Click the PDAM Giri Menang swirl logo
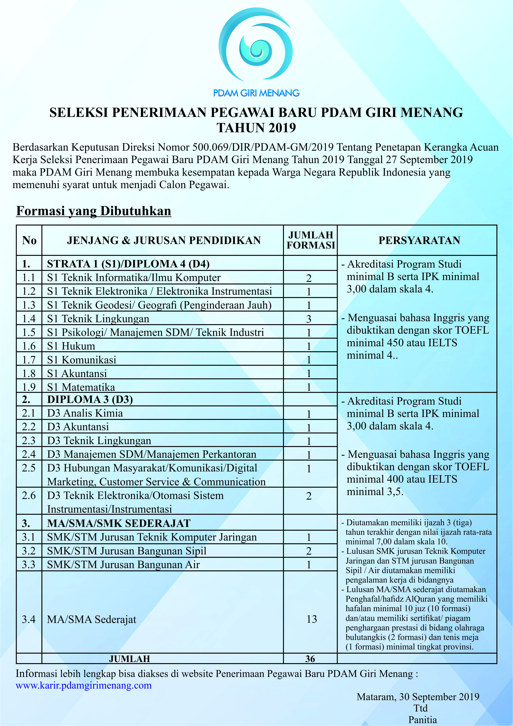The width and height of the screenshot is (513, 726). click(256, 45)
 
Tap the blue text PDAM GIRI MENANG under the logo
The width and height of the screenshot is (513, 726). click(256, 93)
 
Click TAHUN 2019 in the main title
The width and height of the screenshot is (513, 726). click(256, 128)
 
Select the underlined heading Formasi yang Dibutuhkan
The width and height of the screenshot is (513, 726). click(93, 211)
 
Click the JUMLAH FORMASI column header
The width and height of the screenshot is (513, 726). click(310, 240)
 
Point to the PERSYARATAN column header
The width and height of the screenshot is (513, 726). click(419, 240)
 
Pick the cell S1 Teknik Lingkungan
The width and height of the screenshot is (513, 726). click(98, 319)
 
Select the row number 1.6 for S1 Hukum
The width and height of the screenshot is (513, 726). click(29, 346)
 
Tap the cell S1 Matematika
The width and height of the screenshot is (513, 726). click(81, 387)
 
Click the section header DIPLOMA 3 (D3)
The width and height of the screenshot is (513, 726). click(90, 399)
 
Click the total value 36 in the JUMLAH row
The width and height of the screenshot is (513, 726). click(310, 659)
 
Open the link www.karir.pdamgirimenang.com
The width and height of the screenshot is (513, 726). click(84, 685)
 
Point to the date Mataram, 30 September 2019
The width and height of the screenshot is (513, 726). click(418, 697)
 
